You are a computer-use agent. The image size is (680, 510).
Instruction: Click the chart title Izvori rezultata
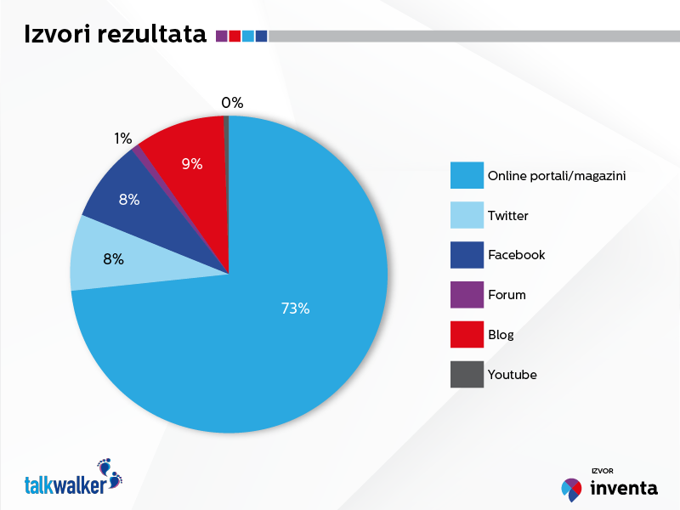(115, 35)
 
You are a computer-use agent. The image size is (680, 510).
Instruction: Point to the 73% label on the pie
(295, 309)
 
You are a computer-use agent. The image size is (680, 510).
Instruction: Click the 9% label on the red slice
(192, 164)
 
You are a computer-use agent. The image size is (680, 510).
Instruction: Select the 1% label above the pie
(123, 138)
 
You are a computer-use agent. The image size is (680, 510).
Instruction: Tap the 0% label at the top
(232, 103)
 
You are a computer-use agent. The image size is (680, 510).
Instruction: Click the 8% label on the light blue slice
(114, 259)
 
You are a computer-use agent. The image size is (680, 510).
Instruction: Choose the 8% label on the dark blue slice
(129, 201)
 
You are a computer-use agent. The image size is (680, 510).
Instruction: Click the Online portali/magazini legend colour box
(467, 176)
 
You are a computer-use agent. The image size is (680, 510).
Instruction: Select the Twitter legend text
(507, 216)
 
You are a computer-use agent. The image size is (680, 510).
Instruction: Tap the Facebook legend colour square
(467, 255)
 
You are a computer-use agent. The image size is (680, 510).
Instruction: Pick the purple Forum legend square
(467, 295)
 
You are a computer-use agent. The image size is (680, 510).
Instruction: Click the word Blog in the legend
(501, 335)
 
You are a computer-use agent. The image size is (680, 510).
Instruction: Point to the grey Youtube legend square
(467, 374)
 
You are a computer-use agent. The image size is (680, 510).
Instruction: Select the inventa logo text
(623, 488)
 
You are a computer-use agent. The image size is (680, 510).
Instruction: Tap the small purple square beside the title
(222, 36)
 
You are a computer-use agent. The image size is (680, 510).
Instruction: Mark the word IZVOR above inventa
(602, 470)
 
